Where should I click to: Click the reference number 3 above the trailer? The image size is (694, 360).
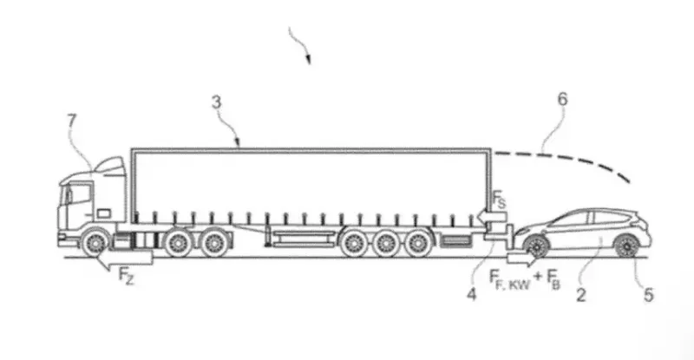point(216,102)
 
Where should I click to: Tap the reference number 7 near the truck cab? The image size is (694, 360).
point(71,121)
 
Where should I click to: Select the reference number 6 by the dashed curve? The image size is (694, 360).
point(562,99)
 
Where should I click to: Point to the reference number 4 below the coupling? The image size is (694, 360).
point(472,294)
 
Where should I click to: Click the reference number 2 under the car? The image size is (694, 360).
point(580,295)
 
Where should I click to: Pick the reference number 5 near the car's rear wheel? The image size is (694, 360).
point(648,295)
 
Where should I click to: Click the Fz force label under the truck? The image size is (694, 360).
point(126,277)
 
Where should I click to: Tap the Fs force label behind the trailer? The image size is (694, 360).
point(499,200)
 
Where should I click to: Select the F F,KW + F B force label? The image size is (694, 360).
point(525,280)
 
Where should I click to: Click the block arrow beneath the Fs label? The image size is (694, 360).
point(491,217)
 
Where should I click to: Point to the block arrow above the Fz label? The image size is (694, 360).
point(124,259)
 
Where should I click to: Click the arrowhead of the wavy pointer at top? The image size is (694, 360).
point(308,60)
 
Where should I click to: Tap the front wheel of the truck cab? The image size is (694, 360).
point(95,243)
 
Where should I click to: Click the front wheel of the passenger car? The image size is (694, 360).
point(536,245)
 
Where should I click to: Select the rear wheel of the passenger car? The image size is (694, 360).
point(626,245)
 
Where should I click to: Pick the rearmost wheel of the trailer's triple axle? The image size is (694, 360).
point(418,244)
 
